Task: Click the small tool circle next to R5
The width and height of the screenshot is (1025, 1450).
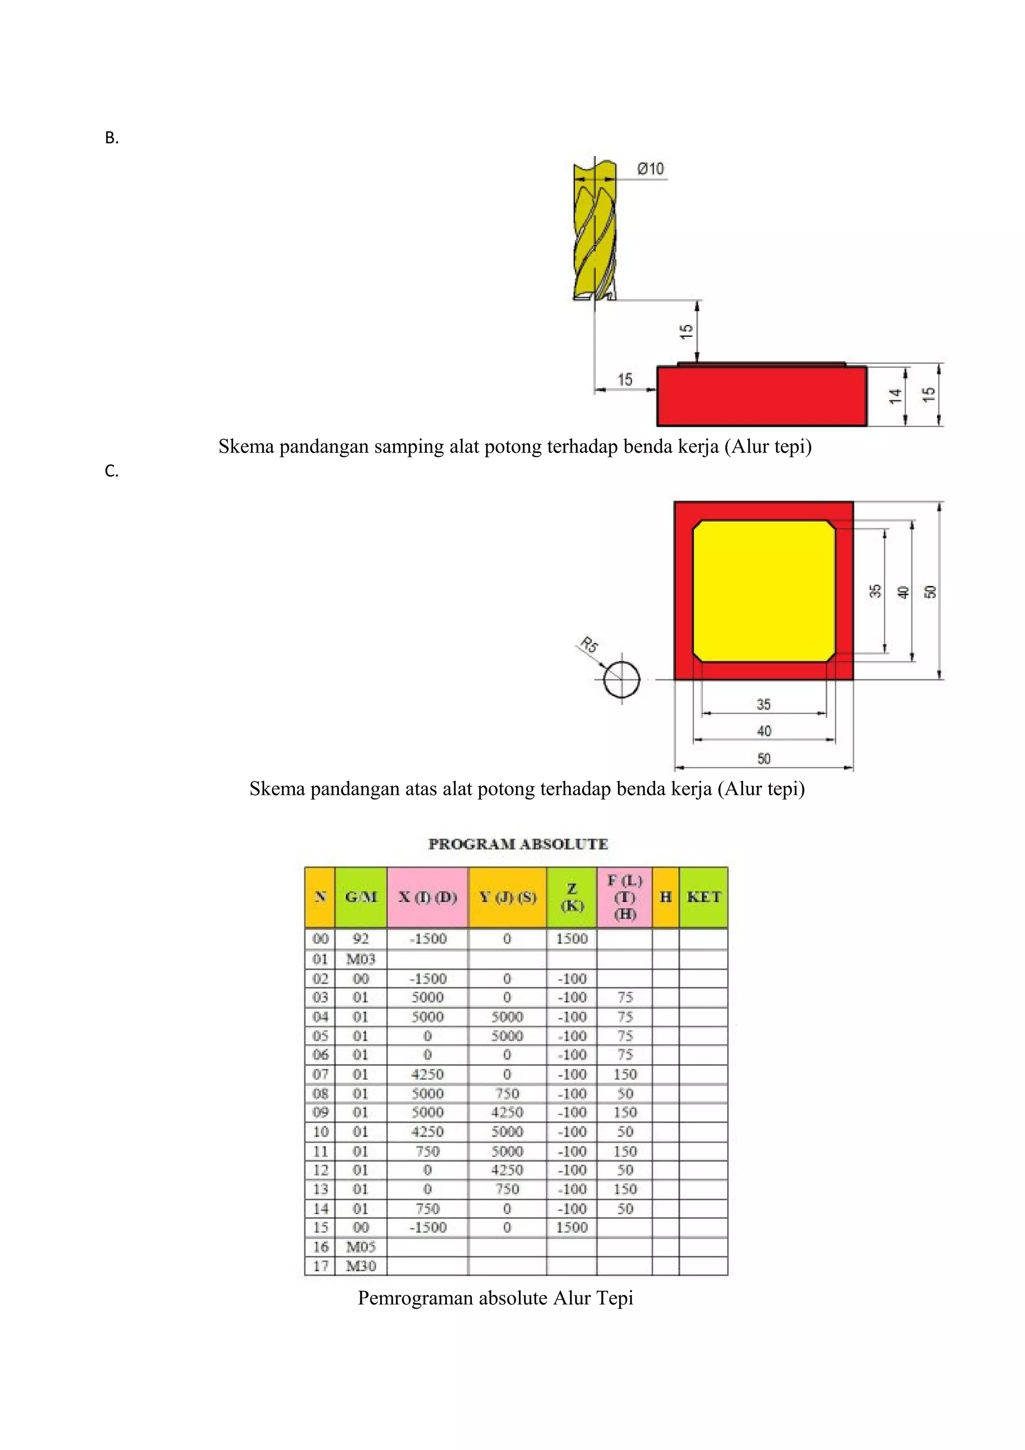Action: tap(622, 679)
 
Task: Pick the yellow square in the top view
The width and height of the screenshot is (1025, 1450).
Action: tap(764, 591)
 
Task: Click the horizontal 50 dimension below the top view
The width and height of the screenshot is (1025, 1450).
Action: tap(764, 759)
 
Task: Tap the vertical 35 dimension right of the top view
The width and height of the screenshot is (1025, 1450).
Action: tap(875, 591)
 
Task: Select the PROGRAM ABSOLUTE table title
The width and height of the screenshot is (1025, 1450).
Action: tap(518, 845)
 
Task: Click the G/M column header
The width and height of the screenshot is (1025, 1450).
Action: tap(361, 897)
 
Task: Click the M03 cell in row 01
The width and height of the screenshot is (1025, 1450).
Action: tap(361, 959)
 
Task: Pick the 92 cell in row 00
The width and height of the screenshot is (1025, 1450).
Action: tap(361, 939)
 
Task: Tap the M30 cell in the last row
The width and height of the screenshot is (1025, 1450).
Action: tap(361, 1266)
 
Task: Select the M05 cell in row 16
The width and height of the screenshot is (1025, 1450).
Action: tap(361, 1247)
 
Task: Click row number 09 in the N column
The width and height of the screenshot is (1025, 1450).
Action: tap(321, 1112)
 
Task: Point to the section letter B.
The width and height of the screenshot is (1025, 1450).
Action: tap(112, 138)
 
